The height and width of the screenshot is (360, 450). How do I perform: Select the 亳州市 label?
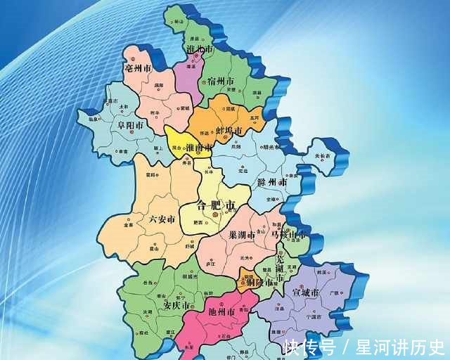[x=139, y=70]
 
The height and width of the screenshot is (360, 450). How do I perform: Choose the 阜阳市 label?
[x=130, y=127]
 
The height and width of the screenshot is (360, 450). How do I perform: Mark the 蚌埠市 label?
[x=228, y=131]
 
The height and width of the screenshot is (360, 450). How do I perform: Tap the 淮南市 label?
[x=199, y=148]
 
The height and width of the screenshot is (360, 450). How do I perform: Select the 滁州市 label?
[x=274, y=182]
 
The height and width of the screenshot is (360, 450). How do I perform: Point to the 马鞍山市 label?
[x=289, y=234]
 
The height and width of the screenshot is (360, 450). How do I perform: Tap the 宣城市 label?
[x=306, y=292]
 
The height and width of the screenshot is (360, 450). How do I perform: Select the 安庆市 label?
[x=176, y=307]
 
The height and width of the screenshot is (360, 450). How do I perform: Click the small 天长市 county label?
[x=321, y=156]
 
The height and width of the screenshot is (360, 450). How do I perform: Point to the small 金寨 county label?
[x=128, y=226]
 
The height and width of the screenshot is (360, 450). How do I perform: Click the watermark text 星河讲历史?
[x=400, y=347]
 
